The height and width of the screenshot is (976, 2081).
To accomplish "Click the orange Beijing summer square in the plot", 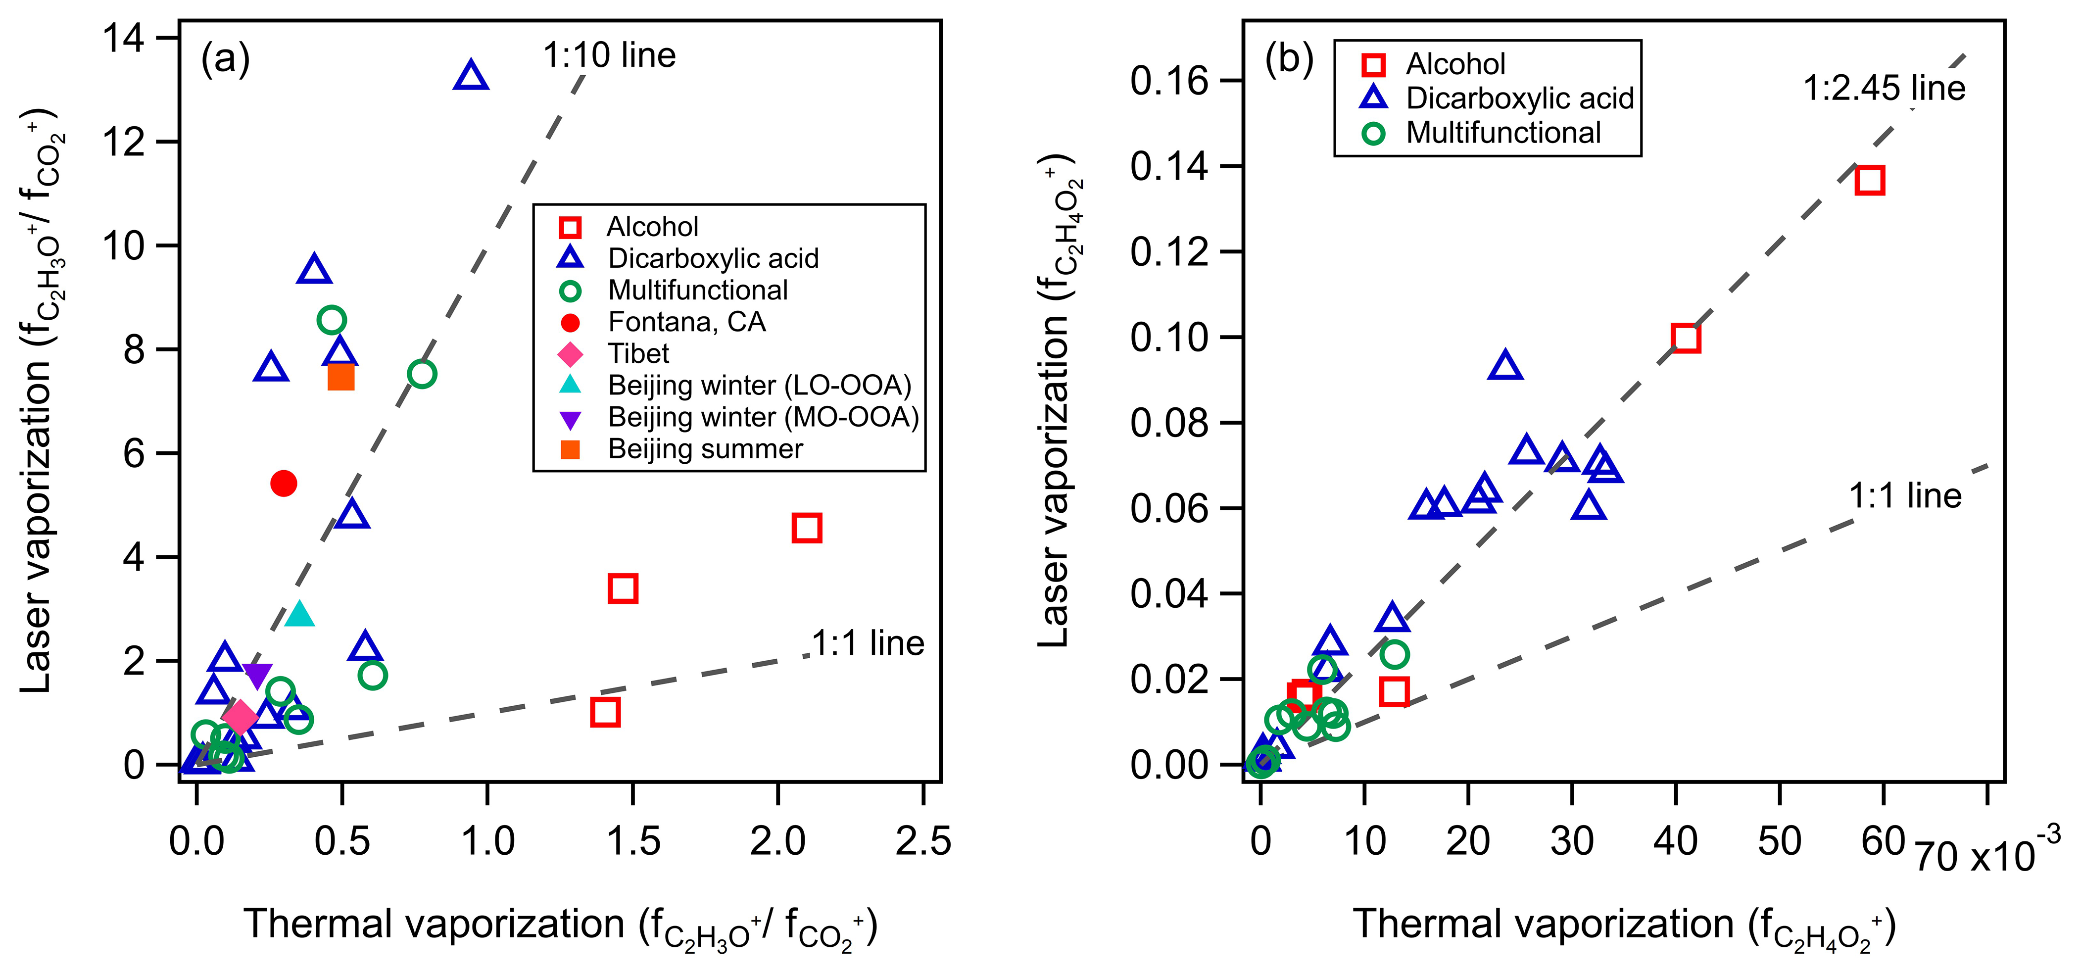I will coord(341,377).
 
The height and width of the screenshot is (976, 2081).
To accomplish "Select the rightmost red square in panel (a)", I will coord(806,528).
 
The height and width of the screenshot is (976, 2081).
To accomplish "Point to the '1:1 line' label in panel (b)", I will coord(1905,495).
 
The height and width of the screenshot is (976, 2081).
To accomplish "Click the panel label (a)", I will coord(225,59).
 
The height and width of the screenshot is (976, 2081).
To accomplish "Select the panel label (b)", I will coord(1289,59).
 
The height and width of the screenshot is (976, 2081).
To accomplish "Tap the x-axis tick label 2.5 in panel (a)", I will coord(922,841).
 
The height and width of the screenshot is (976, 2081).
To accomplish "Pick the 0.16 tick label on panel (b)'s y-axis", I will coord(1169,81).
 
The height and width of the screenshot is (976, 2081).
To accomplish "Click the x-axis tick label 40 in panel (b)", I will coord(1676,841).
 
